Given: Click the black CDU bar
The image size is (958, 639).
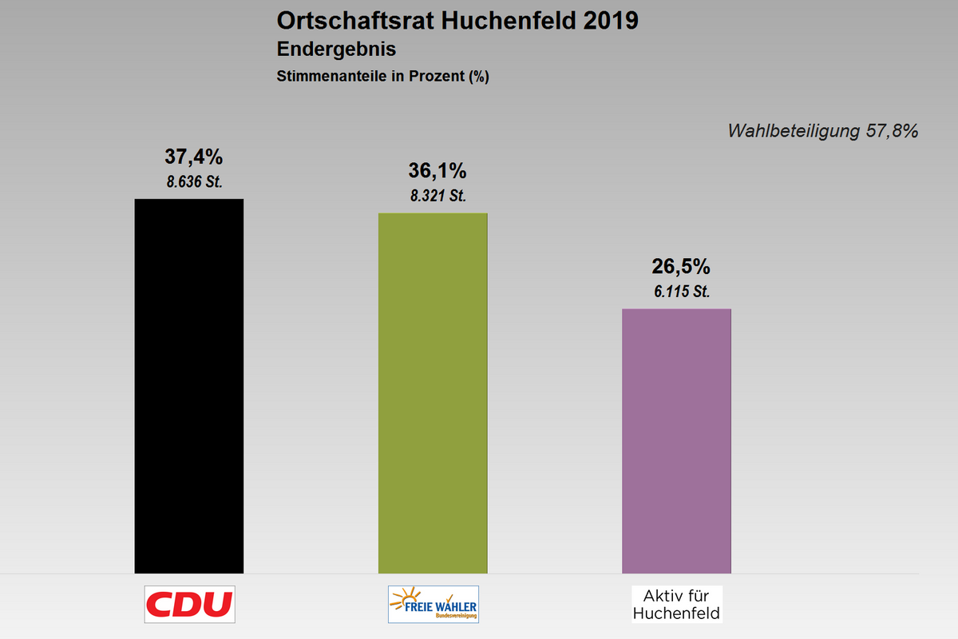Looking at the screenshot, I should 189,385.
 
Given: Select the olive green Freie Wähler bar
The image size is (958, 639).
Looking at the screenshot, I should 433,392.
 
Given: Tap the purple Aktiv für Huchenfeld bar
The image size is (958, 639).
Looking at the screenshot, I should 676,440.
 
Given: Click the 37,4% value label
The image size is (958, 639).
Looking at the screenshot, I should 193,157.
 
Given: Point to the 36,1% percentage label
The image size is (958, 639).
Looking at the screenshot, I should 437,171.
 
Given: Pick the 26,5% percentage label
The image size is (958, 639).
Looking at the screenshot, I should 681,267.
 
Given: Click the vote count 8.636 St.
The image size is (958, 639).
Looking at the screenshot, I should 194,181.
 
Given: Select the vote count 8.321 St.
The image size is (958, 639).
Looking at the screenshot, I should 437,196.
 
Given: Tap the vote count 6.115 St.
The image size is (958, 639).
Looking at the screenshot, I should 681,292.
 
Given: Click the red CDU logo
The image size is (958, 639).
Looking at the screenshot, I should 189,605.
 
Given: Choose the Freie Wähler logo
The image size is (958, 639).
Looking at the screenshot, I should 433,605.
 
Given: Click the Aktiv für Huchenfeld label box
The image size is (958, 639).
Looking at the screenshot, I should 676,605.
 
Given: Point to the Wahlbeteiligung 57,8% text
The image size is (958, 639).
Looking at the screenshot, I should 822,131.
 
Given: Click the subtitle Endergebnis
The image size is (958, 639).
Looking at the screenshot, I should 336,49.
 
